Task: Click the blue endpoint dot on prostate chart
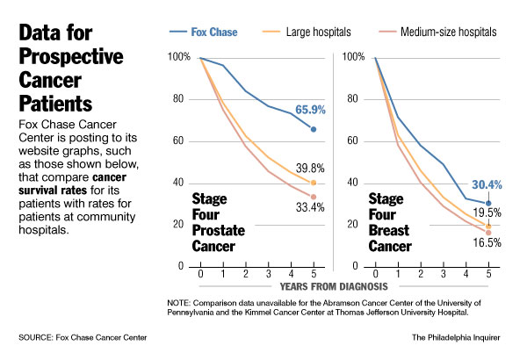coord(314,129)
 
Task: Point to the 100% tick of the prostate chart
coord(178,58)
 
